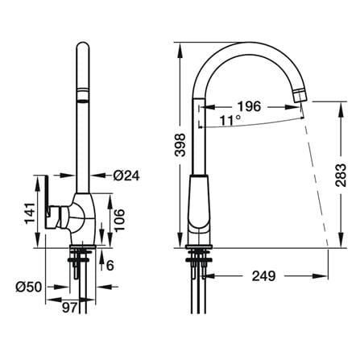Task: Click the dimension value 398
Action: pos(180,145)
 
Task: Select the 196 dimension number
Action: pos(250,106)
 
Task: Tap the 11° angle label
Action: pos(230,121)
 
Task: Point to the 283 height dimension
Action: pos(341,175)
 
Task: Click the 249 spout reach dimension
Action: pos(263,275)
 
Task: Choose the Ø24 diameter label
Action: pos(126,176)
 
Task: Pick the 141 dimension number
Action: pos(30,213)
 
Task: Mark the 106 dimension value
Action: pos(119,220)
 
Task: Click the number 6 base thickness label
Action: pos(110,266)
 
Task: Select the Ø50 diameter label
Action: pos(29,288)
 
